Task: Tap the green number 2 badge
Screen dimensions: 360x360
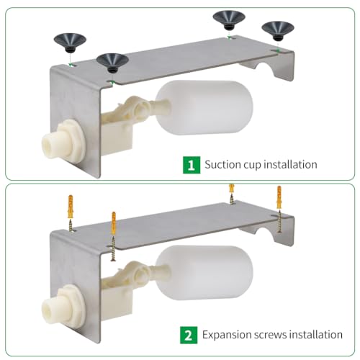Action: [189, 335]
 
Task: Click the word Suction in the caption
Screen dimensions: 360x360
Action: [223, 165]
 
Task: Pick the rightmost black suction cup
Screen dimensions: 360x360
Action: [277, 30]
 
